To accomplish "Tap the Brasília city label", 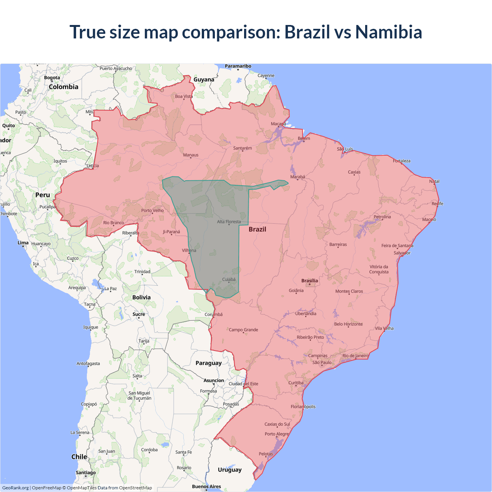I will [x=309, y=281].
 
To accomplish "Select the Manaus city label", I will [x=191, y=155].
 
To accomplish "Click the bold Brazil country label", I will [x=257, y=229].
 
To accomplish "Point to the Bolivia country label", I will [x=141, y=297].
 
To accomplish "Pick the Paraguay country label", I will [x=208, y=363].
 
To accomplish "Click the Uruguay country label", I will [x=229, y=470].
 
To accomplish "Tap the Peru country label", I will [x=43, y=195].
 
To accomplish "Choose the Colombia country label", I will [x=63, y=87].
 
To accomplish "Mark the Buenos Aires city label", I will [x=206, y=486].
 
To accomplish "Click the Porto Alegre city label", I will [x=276, y=434].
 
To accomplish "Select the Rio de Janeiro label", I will [x=355, y=356].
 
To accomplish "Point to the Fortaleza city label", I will [x=401, y=161].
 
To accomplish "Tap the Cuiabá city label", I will [x=229, y=279].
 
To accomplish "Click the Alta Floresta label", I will [x=229, y=221].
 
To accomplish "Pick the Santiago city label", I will [x=86, y=472].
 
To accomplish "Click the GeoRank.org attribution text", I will [x=15, y=488].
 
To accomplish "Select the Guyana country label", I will [x=204, y=80].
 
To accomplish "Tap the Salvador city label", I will [x=402, y=253].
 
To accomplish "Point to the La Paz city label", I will [x=111, y=288].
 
